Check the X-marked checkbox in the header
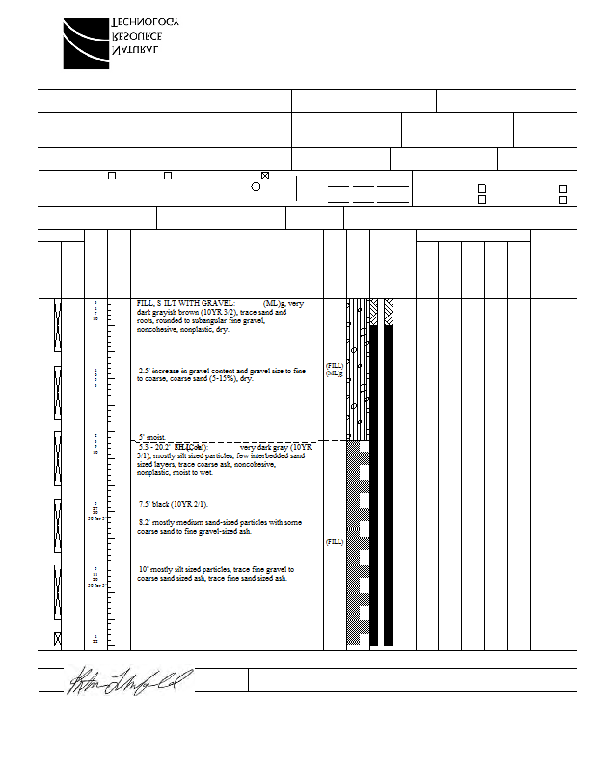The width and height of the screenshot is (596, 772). pyautogui.click(x=265, y=176)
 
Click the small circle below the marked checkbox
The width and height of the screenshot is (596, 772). pyautogui.click(x=256, y=186)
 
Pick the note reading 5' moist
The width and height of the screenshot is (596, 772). pyautogui.click(x=155, y=437)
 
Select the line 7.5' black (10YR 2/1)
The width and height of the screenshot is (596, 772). pyautogui.click(x=174, y=504)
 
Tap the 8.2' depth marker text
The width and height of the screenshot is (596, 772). pyautogui.click(x=145, y=522)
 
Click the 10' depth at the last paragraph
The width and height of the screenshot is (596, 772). pyautogui.click(x=144, y=570)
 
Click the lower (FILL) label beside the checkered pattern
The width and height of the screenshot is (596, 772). pyautogui.click(x=334, y=542)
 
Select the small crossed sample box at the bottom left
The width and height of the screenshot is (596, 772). pyautogui.click(x=57, y=638)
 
